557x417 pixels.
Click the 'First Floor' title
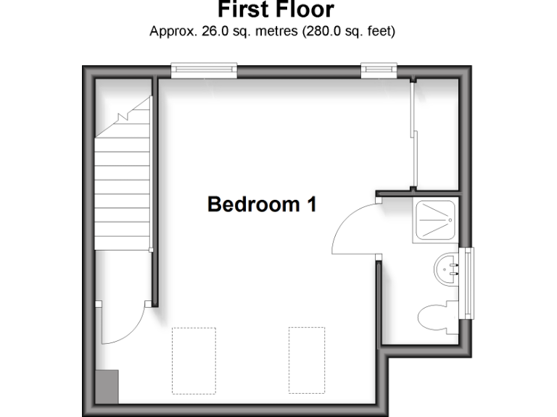pos(276,10)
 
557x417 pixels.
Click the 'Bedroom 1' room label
pos(262,204)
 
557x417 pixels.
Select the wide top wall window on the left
pos(205,69)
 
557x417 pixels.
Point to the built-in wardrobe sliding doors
pos(412,136)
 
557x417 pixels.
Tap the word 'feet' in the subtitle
pos(379,32)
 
